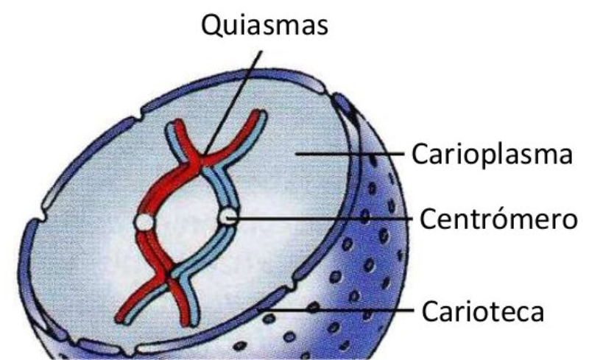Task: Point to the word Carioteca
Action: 483,310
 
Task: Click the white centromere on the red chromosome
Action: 145,221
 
